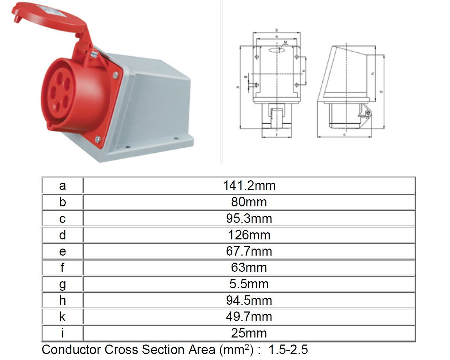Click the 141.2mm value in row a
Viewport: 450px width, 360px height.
(x=249, y=185)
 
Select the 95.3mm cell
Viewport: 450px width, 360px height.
(x=249, y=218)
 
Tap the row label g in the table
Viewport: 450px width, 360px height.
(x=62, y=284)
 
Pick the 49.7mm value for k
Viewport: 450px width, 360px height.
(x=249, y=316)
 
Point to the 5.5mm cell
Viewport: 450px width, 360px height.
(x=249, y=284)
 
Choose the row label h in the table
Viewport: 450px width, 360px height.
(x=62, y=300)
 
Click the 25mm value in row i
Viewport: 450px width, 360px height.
(x=249, y=333)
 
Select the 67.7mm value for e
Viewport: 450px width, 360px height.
(x=249, y=251)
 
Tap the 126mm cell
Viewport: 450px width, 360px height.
(x=249, y=234)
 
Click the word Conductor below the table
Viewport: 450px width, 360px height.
(x=72, y=349)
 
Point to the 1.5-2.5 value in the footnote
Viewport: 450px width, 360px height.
(x=288, y=349)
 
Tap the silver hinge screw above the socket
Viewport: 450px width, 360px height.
(x=94, y=54)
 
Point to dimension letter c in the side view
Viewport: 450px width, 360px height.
(x=345, y=135)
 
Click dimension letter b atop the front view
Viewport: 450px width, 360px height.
(x=277, y=30)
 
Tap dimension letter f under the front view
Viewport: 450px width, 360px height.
(x=277, y=135)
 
